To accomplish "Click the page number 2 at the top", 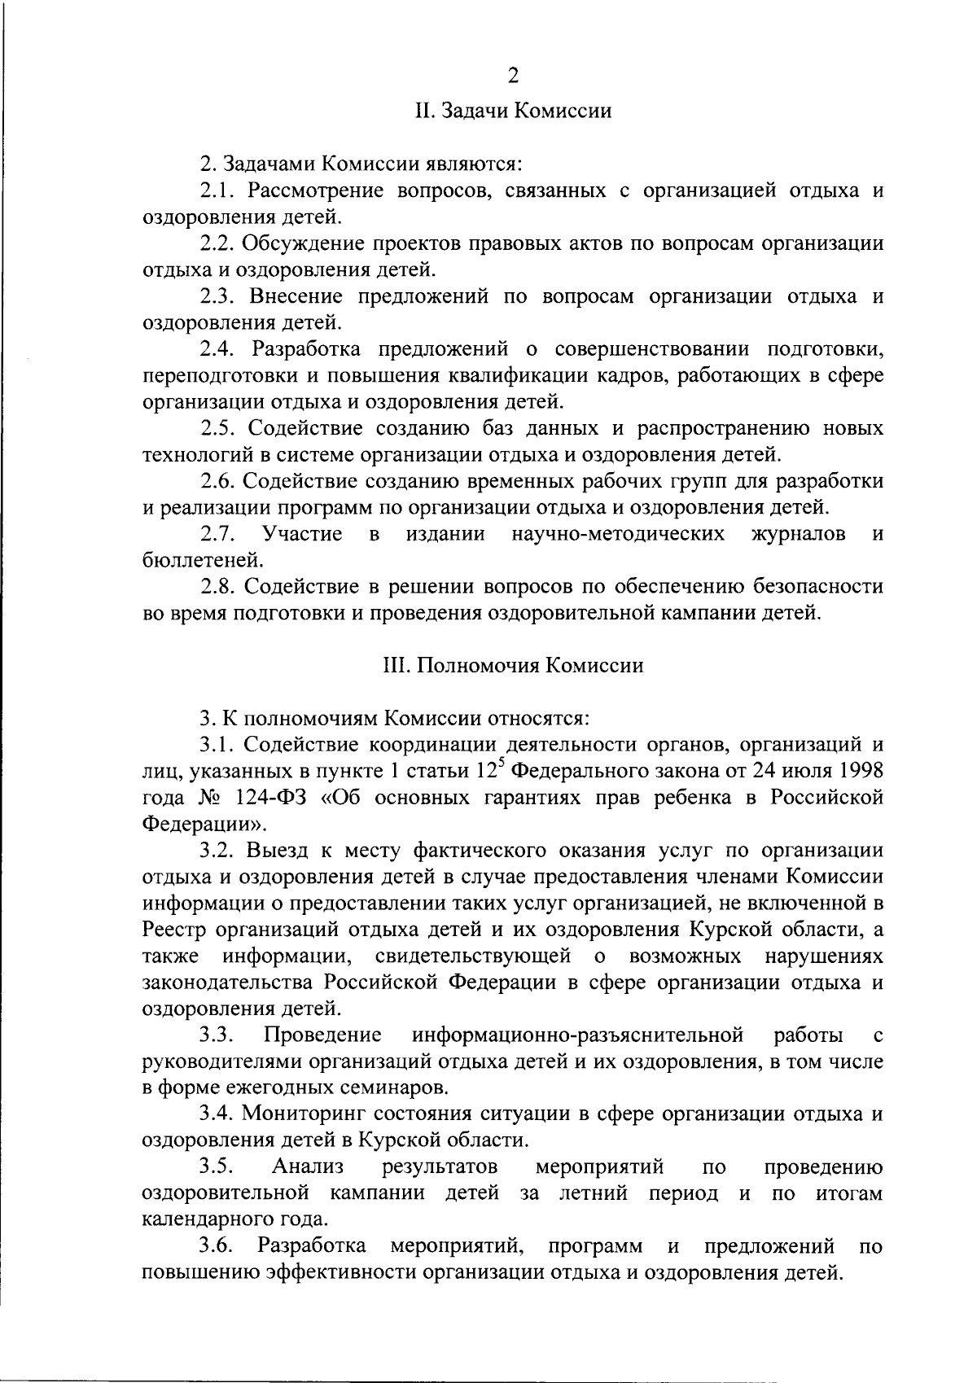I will pos(513,76).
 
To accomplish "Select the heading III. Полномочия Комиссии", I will pos(513,666).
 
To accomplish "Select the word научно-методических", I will pos(619,534).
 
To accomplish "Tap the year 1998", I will pos(861,770).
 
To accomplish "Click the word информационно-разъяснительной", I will pos(578,1035).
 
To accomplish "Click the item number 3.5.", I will pos(217,1167).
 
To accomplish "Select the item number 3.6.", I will pos(217,1246).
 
